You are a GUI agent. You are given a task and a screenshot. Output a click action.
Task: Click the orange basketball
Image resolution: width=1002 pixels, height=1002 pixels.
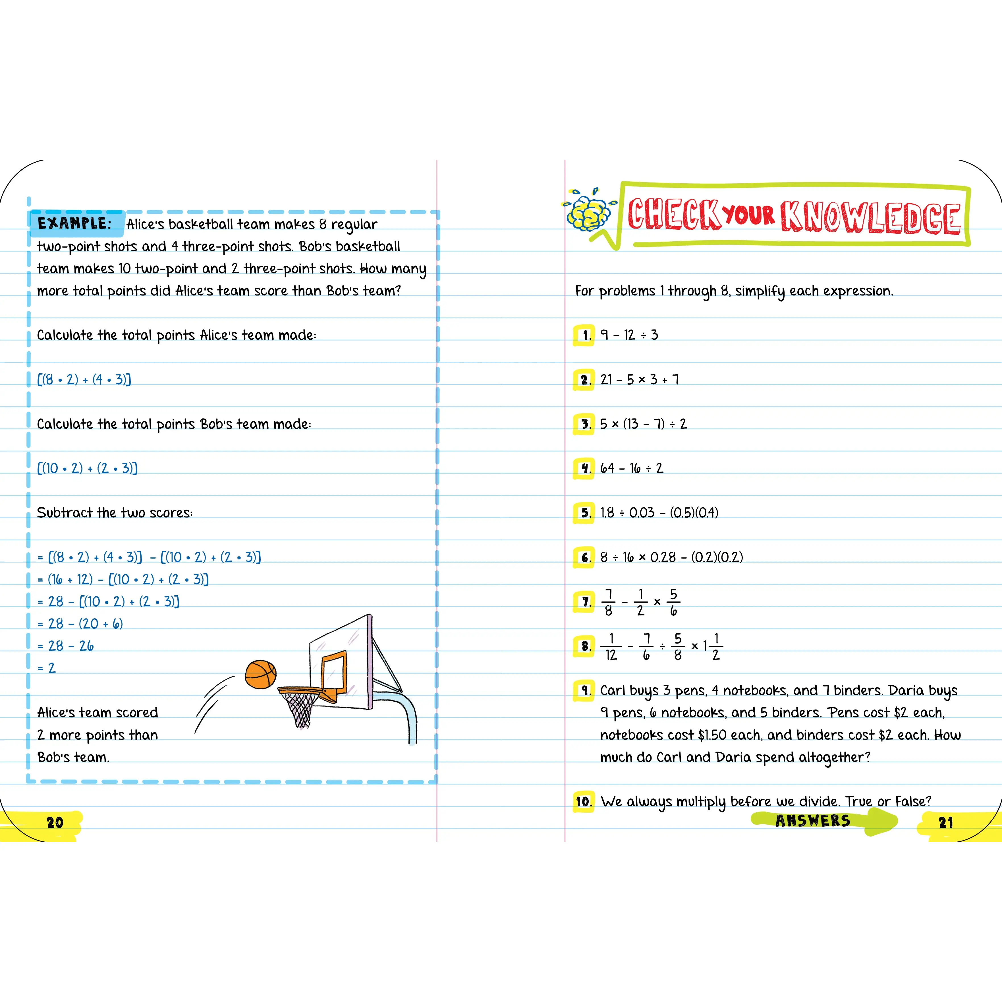(x=260, y=674)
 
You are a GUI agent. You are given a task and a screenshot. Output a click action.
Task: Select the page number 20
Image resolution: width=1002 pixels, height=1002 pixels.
(x=55, y=823)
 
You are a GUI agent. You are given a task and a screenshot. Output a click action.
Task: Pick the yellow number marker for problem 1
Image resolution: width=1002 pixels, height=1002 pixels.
(x=584, y=335)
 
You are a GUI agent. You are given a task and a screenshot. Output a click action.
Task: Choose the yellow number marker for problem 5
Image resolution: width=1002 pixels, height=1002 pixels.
(x=584, y=513)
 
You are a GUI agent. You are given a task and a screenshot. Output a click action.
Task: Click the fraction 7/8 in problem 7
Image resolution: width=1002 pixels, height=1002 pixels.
(x=608, y=602)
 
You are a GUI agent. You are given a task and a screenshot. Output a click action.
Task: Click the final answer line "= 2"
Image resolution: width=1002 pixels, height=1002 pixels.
(x=47, y=668)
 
